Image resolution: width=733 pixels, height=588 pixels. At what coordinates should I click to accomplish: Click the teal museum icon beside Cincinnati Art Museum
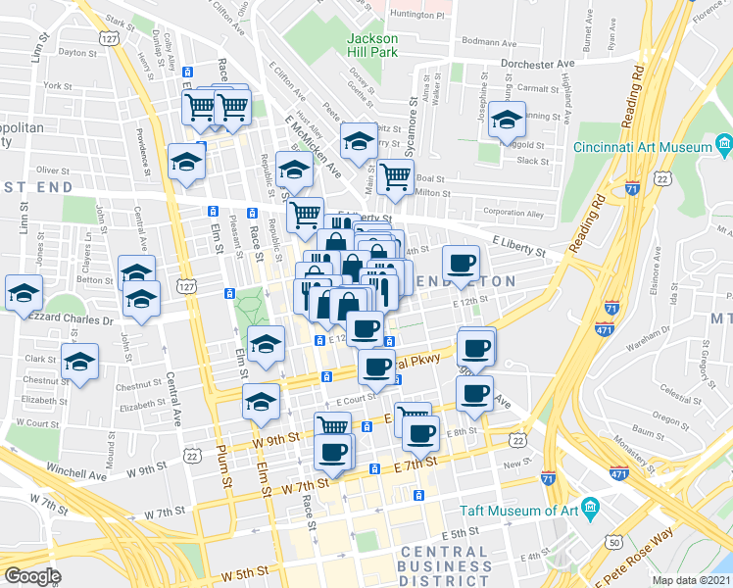724,147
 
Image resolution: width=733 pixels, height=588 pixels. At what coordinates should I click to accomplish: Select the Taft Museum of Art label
519,511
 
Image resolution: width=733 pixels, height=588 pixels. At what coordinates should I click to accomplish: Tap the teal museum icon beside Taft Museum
590,508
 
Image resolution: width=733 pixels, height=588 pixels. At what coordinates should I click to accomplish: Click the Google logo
32,575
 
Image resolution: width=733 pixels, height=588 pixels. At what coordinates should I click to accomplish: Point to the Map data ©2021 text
691,580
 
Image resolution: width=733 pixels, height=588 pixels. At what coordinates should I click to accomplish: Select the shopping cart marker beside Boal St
396,176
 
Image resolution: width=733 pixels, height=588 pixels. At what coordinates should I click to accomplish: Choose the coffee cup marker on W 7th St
332,452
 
